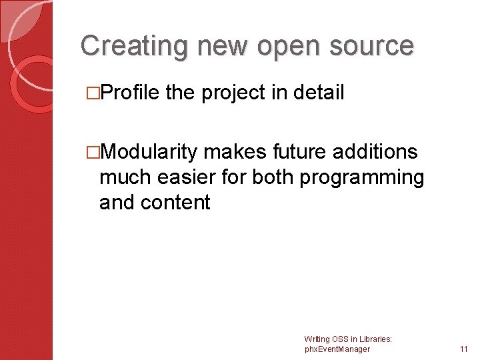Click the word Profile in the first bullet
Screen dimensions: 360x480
tap(129, 93)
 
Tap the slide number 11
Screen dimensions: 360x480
tap(464, 349)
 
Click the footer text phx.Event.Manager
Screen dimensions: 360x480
tap(337, 349)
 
